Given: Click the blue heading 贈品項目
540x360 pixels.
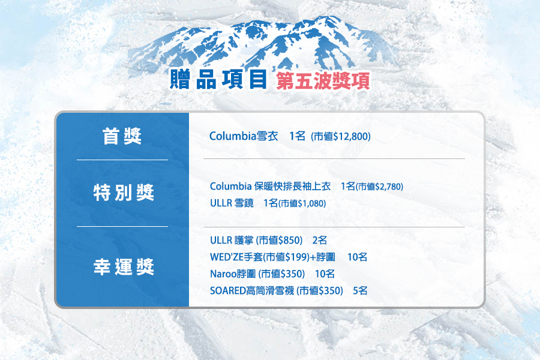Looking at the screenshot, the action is click(218, 79).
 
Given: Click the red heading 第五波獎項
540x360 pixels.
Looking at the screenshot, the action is click(323, 81).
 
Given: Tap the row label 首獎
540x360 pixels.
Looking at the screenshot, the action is click(122, 136).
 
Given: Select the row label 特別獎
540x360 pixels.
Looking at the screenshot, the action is click(123, 192).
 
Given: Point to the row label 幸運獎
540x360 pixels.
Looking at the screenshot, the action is click(123, 266).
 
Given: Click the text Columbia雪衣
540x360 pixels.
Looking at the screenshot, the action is click(244, 136).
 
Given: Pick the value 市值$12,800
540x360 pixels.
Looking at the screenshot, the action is click(341, 137).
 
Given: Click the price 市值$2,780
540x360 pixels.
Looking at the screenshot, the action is click(380, 187).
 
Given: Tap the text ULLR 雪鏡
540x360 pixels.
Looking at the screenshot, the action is click(232, 203).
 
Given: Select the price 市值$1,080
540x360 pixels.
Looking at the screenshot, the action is click(302, 203).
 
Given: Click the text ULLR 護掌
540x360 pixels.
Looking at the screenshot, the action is click(232, 240).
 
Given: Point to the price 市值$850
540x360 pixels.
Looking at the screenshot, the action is click(279, 240).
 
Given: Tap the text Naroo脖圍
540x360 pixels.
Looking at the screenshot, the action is click(233, 274).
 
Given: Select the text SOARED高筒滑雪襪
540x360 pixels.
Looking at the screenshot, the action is click(252, 291).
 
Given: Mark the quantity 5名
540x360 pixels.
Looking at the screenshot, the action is click(360, 291).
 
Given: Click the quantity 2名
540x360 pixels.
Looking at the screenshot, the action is click(320, 240).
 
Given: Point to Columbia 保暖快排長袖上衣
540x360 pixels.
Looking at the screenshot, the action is click(271, 187).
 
